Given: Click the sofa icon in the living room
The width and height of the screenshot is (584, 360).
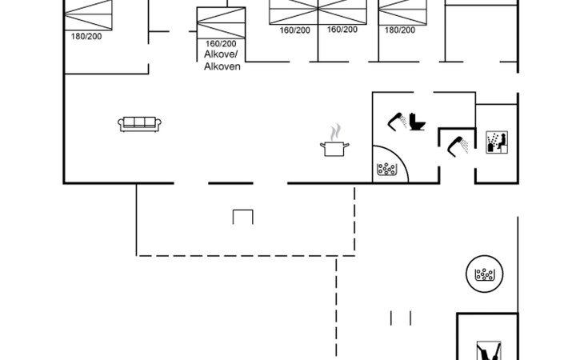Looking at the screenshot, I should click(x=140, y=123).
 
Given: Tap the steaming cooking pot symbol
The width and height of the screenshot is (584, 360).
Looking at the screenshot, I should click(x=334, y=148).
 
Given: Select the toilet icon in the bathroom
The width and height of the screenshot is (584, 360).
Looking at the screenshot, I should click(x=417, y=122).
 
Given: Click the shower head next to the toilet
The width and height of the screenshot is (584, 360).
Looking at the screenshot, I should click(x=397, y=120).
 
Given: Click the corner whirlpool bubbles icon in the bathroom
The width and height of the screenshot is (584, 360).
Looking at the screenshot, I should click(x=386, y=169).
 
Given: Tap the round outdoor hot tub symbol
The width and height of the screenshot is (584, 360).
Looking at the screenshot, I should click(x=483, y=274).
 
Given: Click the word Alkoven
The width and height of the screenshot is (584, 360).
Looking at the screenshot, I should click(x=222, y=66).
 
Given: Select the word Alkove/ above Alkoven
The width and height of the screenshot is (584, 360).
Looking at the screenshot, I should click(x=222, y=55).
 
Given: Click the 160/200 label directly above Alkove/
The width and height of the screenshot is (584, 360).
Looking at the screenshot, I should click(x=222, y=44).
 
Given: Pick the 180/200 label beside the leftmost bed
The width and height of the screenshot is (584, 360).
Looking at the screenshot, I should click(x=86, y=36).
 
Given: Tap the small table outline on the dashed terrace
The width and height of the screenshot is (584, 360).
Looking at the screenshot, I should click(x=243, y=216).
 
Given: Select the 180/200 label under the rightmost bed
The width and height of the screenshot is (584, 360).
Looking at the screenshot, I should click(x=400, y=30).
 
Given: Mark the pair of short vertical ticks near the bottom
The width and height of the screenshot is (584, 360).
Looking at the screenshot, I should click(x=401, y=318).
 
